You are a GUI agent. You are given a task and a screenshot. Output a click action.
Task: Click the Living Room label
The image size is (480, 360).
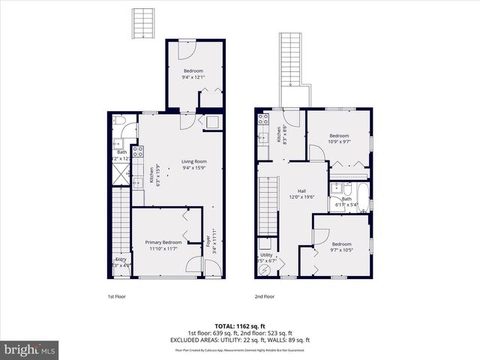click(193, 161)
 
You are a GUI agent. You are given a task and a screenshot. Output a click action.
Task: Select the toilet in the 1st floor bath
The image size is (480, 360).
click(120, 121)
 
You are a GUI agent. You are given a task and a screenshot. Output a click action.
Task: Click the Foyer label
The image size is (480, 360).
click(207, 241)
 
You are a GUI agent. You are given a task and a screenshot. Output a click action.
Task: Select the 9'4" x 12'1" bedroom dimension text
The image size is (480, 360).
click(194, 76)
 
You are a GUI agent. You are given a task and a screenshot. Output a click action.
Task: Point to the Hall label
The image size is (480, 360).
click(301, 191)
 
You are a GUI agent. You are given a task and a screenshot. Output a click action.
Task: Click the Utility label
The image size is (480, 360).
click(268, 256)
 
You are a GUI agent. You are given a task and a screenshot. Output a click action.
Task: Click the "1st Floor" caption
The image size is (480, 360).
click(116, 296)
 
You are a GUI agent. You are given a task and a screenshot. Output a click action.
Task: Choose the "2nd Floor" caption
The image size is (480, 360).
click(264, 296)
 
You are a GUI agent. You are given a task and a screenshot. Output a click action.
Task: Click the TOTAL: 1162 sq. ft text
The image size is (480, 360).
click(239, 325)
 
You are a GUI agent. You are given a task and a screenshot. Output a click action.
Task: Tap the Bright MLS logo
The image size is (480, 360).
click(30, 349)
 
